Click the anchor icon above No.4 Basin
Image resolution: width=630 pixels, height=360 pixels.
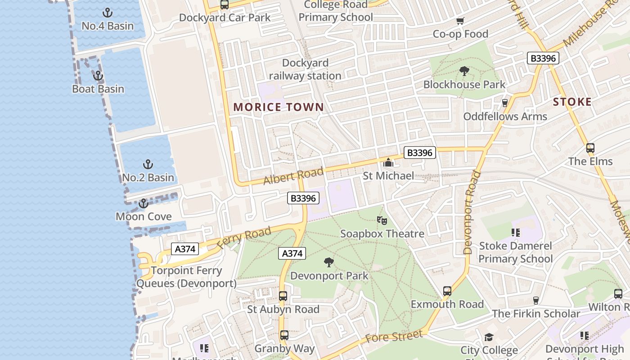click(x=108, y=13)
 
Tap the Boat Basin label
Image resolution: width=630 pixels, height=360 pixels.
click(x=98, y=89)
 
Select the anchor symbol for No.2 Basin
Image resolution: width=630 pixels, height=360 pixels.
click(x=148, y=164)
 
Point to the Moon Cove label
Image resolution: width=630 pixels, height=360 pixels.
click(x=144, y=216)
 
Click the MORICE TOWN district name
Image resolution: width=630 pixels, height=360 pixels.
click(x=279, y=107)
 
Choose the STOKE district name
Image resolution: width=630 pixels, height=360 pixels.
click(x=572, y=102)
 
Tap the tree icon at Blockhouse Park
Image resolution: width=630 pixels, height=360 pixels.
click(x=464, y=71)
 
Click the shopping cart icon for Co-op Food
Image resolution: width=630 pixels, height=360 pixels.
click(x=460, y=21)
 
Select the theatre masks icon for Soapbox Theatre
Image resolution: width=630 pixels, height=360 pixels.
click(x=382, y=220)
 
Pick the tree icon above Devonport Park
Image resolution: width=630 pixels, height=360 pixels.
click(x=329, y=262)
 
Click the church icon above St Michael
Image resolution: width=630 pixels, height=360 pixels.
click(x=388, y=162)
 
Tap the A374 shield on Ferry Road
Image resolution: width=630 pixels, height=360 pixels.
click(x=185, y=249)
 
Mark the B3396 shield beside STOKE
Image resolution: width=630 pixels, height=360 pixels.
click(x=543, y=58)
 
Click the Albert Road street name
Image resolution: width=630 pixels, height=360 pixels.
click(x=293, y=176)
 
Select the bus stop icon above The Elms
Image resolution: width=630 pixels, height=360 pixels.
click(x=590, y=148)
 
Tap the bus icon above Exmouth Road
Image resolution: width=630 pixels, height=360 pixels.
click(x=447, y=291)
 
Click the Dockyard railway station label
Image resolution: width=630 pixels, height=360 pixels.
click(x=305, y=69)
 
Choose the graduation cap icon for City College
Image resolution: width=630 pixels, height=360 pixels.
click(x=489, y=337)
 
